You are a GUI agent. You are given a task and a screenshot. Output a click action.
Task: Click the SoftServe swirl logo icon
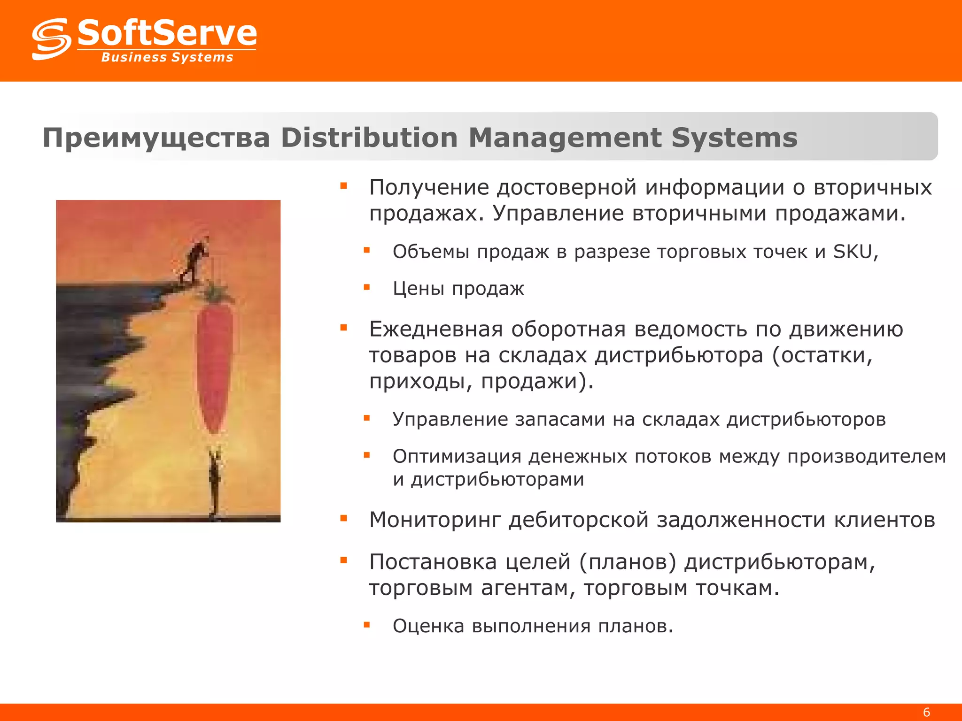(51, 39)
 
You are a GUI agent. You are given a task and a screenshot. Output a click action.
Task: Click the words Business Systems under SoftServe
(167, 57)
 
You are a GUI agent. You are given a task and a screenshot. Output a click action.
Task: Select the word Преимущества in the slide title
(156, 138)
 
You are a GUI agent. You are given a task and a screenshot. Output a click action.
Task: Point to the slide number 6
(926, 712)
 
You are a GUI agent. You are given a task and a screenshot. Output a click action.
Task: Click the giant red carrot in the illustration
(214, 366)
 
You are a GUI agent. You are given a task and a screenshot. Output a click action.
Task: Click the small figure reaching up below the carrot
(215, 483)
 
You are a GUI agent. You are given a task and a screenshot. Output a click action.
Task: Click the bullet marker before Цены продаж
(367, 287)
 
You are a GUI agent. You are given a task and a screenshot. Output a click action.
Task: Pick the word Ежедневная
(436, 329)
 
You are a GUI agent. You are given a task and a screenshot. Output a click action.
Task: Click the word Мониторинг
(435, 520)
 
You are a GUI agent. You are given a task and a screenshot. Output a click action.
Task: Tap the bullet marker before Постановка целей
(343, 560)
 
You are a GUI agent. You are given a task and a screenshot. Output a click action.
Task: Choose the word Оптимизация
(457, 456)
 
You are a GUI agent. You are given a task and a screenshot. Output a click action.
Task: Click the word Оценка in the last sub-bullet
(428, 626)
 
